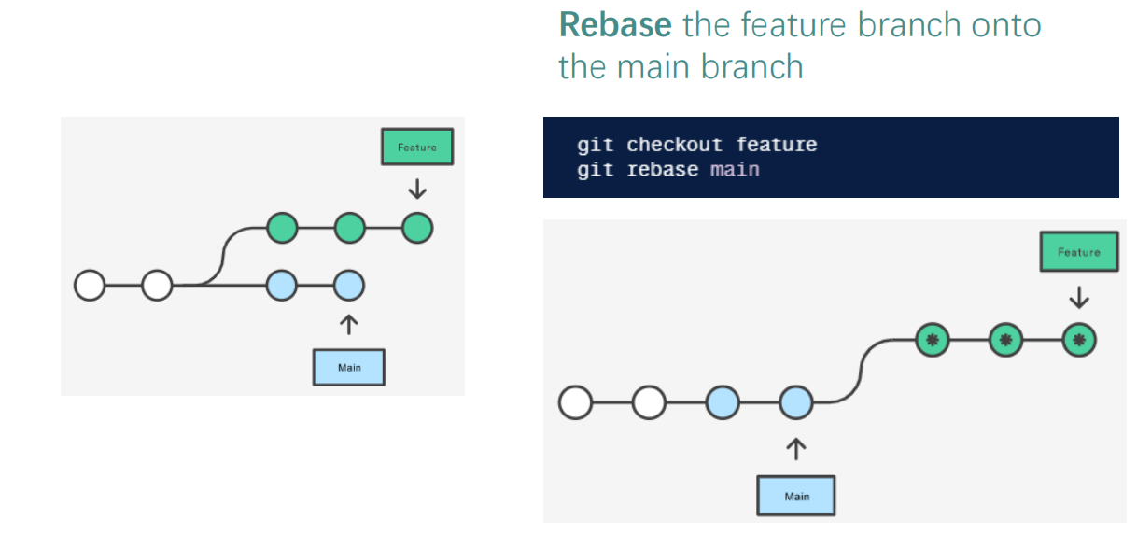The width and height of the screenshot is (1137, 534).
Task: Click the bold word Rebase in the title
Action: pyautogui.click(x=615, y=25)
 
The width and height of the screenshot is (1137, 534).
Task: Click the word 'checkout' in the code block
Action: pyautogui.click(x=674, y=146)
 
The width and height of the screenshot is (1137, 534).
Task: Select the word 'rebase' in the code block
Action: pyautogui.click(x=663, y=170)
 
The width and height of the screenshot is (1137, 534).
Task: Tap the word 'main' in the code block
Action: pyautogui.click(x=735, y=170)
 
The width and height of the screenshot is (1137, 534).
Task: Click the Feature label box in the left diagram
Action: pyautogui.click(x=417, y=147)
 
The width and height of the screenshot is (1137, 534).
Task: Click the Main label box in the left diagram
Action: pyautogui.click(x=349, y=367)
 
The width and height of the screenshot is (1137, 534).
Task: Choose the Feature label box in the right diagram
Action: pyautogui.click(x=1078, y=251)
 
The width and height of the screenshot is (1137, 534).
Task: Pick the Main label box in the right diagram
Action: pyautogui.click(x=796, y=496)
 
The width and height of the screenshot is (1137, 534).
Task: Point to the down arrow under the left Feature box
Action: pyautogui.click(x=417, y=189)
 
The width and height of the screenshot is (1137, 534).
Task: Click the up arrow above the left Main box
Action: pyautogui.click(x=349, y=325)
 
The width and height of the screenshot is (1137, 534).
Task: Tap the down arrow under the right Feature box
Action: pyautogui.click(x=1079, y=298)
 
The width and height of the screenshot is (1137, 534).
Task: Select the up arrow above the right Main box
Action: pyautogui.click(x=796, y=449)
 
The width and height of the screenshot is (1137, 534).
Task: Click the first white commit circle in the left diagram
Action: pyautogui.click(x=90, y=286)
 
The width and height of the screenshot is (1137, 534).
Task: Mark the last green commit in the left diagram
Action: pyautogui.click(x=417, y=228)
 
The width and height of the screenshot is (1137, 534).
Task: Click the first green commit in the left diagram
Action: pyautogui.click(x=282, y=228)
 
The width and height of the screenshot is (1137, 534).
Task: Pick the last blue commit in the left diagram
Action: pyautogui.click(x=349, y=286)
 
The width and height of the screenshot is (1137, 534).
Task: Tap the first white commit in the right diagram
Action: pyautogui.click(x=575, y=402)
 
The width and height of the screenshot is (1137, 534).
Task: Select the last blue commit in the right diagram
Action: pyautogui.click(x=796, y=402)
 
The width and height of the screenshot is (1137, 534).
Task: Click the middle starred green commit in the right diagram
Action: pyautogui.click(x=1005, y=340)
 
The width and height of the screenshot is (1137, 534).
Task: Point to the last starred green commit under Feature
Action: pyautogui.click(x=1079, y=340)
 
